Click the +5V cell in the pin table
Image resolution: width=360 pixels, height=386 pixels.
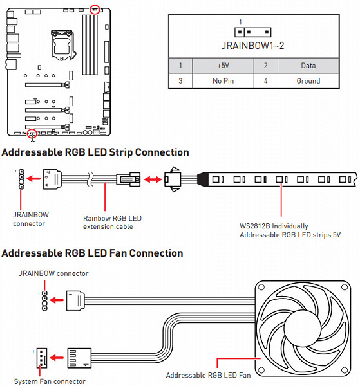[x=223, y=66]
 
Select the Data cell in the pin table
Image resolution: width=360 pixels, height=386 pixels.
[x=308, y=66]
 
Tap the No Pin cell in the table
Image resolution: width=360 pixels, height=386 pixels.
[x=223, y=81]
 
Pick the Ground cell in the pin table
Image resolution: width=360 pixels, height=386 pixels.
[x=308, y=81]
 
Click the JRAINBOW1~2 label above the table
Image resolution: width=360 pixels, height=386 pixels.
[x=253, y=46]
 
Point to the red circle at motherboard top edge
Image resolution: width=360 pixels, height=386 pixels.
[x=95, y=10]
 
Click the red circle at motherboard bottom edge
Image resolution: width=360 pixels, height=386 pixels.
[x=32, y=134]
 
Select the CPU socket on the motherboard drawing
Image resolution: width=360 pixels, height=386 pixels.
[x=62, y=45]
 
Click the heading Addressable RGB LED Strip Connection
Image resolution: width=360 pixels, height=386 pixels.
[x=95, y=152]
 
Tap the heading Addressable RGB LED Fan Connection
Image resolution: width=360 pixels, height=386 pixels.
[x=92, y=253]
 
